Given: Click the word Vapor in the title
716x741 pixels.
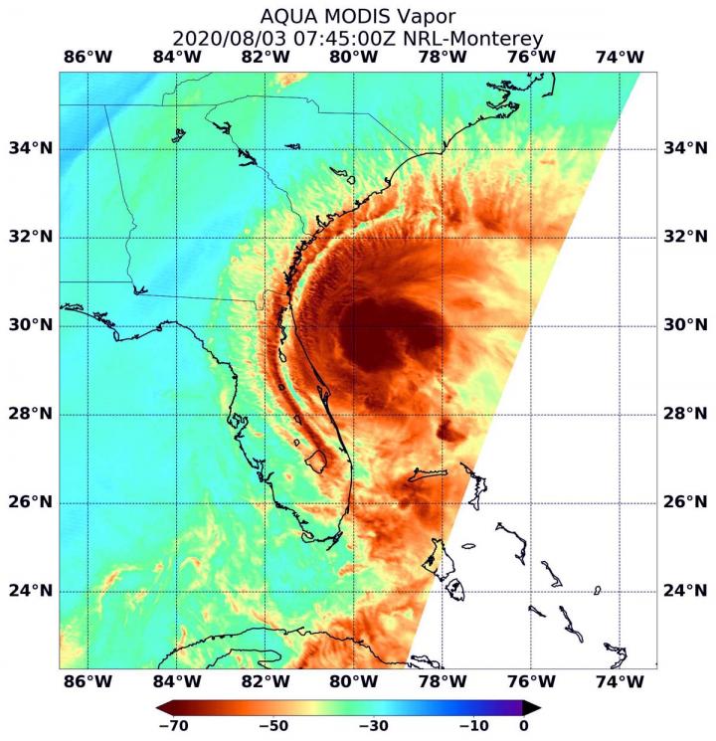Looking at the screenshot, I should point(423,17).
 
